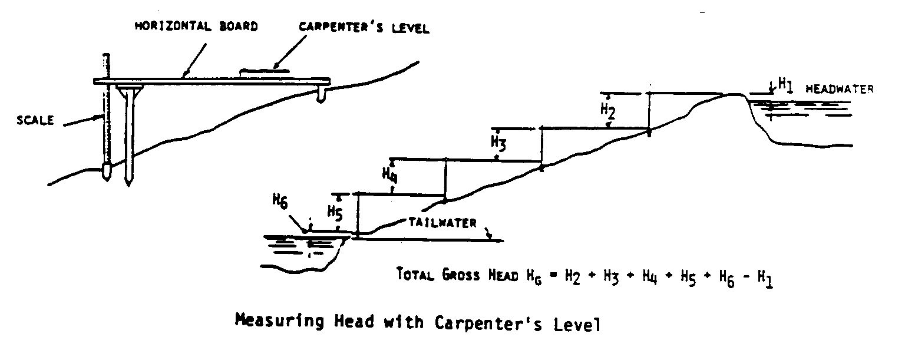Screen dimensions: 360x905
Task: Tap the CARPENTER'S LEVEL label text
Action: coord(364,28)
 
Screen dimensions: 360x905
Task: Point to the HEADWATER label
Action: coord(839,90)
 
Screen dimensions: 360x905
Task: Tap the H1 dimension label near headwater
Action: coord(785,84)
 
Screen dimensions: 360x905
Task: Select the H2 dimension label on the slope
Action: coord(607,110)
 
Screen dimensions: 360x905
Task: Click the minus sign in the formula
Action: coord(748,276)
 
